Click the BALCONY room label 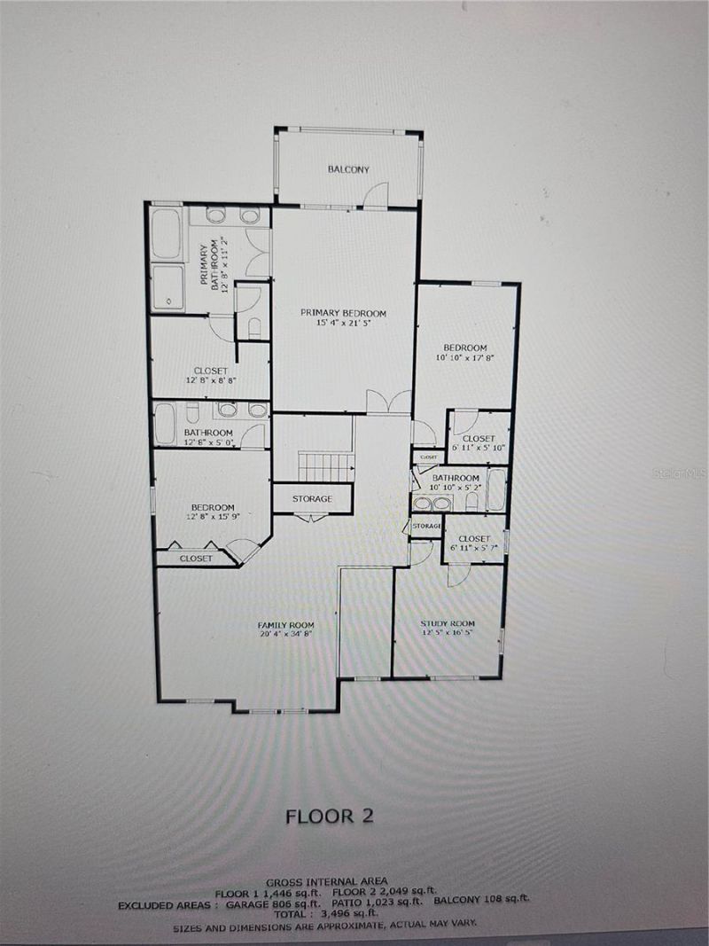(348, 169)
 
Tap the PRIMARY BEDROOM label (343, 313)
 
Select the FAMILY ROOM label (285, 625)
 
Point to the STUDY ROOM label (448, 623)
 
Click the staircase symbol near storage (325, 467)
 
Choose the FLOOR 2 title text (330, 817)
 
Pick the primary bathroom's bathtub (167, 233)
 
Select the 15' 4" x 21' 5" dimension (343, 324)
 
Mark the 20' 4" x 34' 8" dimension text (286, 635)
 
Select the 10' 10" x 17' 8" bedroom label (465, 352)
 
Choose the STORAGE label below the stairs (312, 499)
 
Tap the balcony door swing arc (378, 193)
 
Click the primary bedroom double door (388, 402)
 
